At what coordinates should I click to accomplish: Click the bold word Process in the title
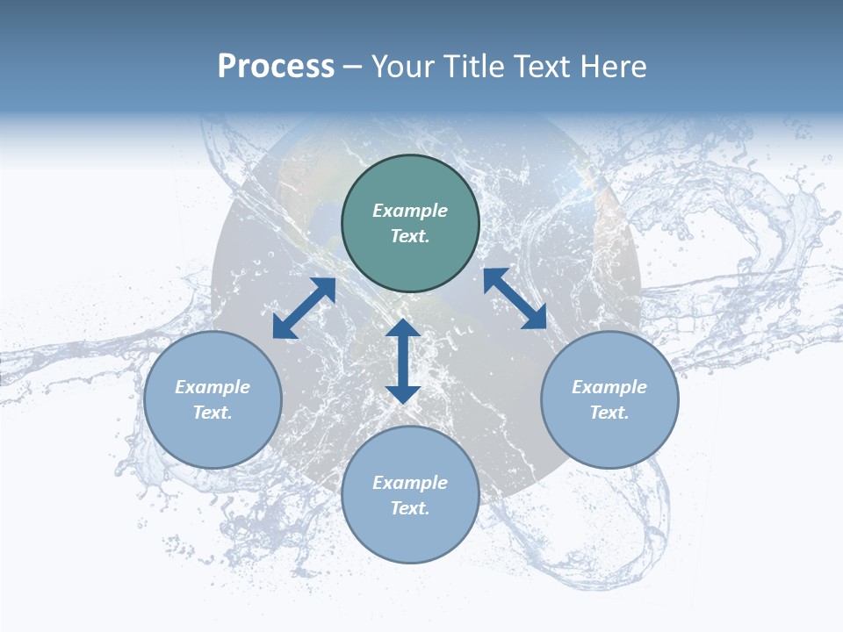(x=276, y=67)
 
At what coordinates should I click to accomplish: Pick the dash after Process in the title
(x=353, y=68)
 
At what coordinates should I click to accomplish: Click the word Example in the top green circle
(x=410, y=211)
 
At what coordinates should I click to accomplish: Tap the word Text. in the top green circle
(x=410, y=236)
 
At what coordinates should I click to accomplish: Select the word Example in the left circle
(x=213, y=387)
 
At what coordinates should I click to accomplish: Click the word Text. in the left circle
(x=213, y=413)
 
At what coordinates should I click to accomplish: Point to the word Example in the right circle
(x=609, y=387)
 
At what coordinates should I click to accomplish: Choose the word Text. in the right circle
(x=609, y=413)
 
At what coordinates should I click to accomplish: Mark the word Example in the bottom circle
(x=410, y=483)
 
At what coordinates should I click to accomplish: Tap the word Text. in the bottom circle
(x=410, y=508)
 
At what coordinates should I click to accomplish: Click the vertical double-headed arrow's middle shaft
(x=403, y=361)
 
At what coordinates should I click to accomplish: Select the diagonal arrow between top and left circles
(x=304, y=308)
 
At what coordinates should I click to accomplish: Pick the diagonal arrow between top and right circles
(x=515, y=299)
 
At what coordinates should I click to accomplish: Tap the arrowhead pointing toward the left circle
(x=283, y=328)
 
